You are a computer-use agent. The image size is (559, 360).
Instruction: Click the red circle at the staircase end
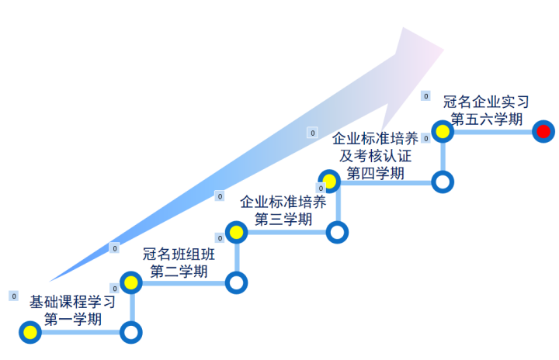(x=543, y=131)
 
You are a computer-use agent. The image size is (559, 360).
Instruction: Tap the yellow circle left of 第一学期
(x=30, y=333)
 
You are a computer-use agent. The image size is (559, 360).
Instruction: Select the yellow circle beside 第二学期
(x=131, y=282)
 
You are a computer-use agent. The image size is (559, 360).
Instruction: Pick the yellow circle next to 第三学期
(x=236, y=232)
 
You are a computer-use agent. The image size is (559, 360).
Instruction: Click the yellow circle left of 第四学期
(x=329, y=182)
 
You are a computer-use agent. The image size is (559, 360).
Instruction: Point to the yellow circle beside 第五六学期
(x=443, y=131)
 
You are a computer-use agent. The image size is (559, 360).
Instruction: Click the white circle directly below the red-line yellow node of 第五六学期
(x=443, y=182)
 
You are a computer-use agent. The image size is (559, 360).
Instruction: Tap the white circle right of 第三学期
(x=337, y=232)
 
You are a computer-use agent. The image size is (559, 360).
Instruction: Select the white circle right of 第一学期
(x=131, y=333)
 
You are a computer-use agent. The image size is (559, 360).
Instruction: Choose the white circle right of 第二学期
(x=236, y=282)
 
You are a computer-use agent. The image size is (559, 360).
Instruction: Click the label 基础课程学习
(x=72, y=301)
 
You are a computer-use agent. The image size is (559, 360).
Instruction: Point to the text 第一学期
(x=72, y=318)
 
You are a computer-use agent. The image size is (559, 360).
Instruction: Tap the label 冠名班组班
(x=179, y=254)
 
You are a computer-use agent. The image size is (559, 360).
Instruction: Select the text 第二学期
(x=179, y=272)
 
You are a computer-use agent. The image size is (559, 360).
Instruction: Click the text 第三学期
(x=283, y=219)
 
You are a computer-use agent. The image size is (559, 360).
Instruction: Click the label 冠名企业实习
(x=486, y=102)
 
